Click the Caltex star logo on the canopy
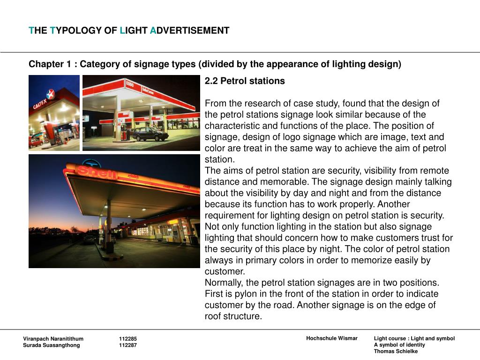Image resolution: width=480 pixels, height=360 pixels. point(50,94)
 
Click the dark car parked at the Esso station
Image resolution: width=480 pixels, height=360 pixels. point(150,134)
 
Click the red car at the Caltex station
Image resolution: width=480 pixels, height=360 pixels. point(35,141)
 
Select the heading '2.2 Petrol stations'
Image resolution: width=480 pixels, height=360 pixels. point(245,81)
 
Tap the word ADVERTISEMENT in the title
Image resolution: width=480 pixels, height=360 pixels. point(190,31)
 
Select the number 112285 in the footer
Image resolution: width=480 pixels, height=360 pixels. point(128,339)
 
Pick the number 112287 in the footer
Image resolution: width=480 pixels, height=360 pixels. point(128,345)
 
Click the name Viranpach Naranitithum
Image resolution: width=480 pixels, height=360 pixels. point(53,339)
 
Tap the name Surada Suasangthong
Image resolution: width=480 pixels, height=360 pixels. point(52,345)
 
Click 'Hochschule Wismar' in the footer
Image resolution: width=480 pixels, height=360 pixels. point(332,338)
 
